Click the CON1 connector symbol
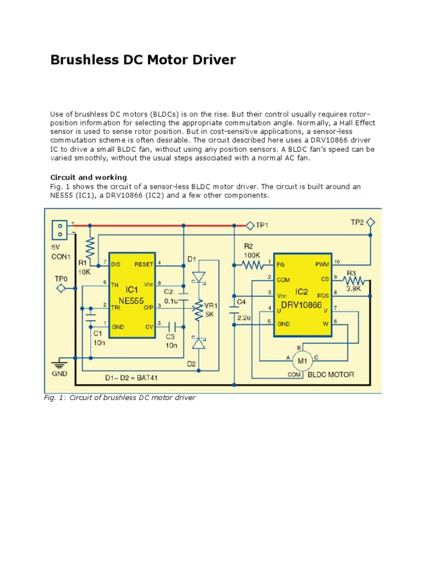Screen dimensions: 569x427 tap(58, 228)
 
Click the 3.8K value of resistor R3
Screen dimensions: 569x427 tap(354, 289)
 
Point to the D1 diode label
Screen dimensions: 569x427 tap(191, 259)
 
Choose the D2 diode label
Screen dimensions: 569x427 tap(191, 364)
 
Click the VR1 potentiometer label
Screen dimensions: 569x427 tap(210, 306)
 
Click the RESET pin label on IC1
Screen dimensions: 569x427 tap(143, 264)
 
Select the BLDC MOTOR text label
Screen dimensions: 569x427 tap(331, 375)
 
